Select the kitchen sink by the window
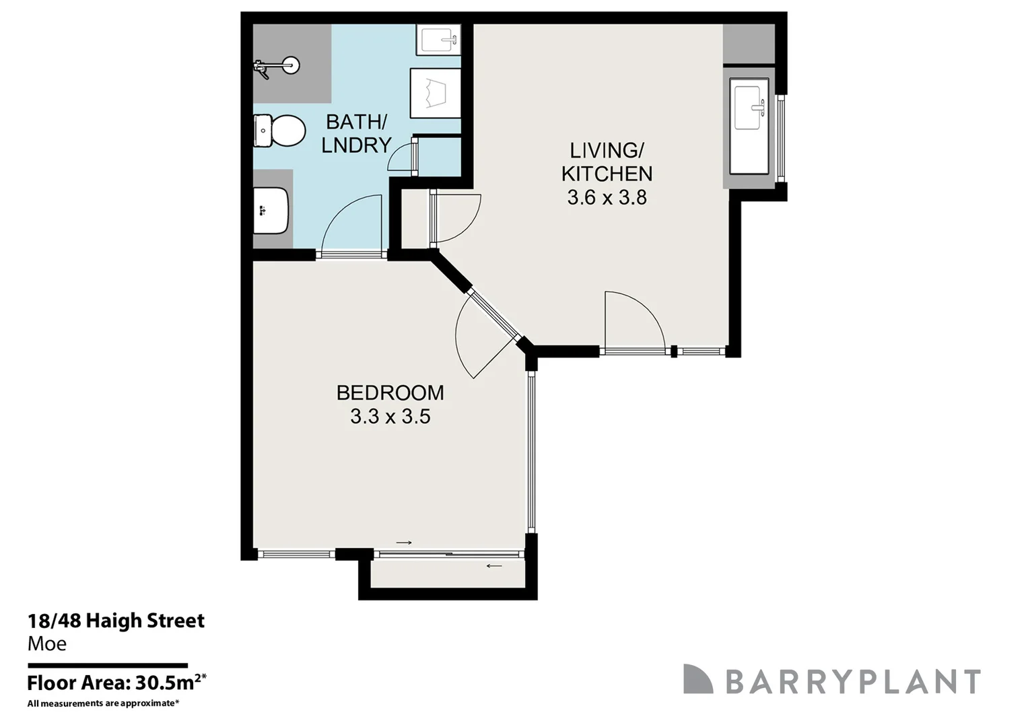(x=750, y=106)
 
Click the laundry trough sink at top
(x=438, y=40)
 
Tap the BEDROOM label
(x=390, y=392)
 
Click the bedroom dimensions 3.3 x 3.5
(x=390, y=417)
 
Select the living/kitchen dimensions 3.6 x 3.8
(x=607, y=198)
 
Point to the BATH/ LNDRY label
(x=356, y=133)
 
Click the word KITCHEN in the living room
(x=607, y=174)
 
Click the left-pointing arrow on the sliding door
(x=494, y=566)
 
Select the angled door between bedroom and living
(x=479, y=333)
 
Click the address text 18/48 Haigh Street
(x=115, y=621)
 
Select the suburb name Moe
(x=47, y=644)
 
